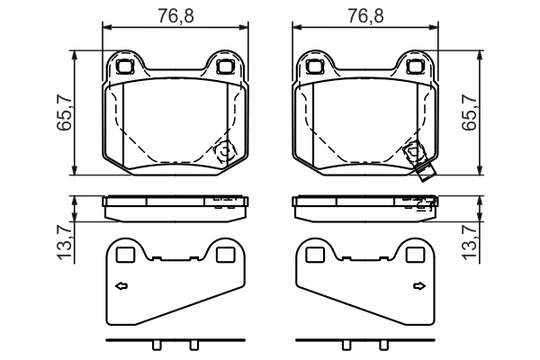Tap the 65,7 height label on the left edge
[x=64, y=113]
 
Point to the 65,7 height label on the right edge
[x=469, y=113]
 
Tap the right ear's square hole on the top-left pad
[x=224, y=66]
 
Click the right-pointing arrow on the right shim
[x=418, y=287]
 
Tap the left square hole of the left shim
[x=126, y=255]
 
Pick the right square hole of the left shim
[x=225, y=255]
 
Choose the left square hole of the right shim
[x=314, y=255]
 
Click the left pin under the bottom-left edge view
[x=157, y=347]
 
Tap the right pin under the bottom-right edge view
[x=382, y=347]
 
